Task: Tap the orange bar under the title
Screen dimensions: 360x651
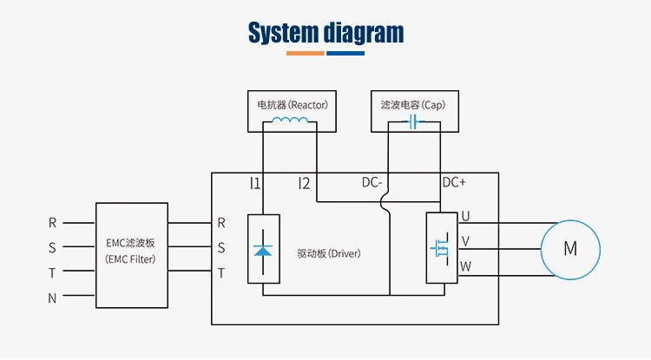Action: coord(306,54)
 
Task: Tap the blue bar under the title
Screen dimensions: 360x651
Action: coord(345,54)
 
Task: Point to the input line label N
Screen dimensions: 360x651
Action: coord(52,298)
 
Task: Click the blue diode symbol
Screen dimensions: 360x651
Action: coord(262,249)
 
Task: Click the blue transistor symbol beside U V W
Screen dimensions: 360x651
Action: coord(440,248)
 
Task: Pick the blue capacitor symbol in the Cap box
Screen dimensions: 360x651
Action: coord(413,123)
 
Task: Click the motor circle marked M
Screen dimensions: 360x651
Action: coord(569,249)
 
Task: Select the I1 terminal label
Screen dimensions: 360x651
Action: coord(254,183)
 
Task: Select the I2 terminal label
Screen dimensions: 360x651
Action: coord(304,183)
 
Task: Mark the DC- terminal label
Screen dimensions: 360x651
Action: coord(372,183)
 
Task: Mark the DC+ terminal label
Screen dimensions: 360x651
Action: coord(454,183)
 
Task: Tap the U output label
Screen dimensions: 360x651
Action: coord(465,216)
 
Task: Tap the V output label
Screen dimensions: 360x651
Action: coord(465,241)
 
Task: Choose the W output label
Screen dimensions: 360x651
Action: coord(465,266)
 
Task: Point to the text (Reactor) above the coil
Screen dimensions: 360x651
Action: coord(309,104)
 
